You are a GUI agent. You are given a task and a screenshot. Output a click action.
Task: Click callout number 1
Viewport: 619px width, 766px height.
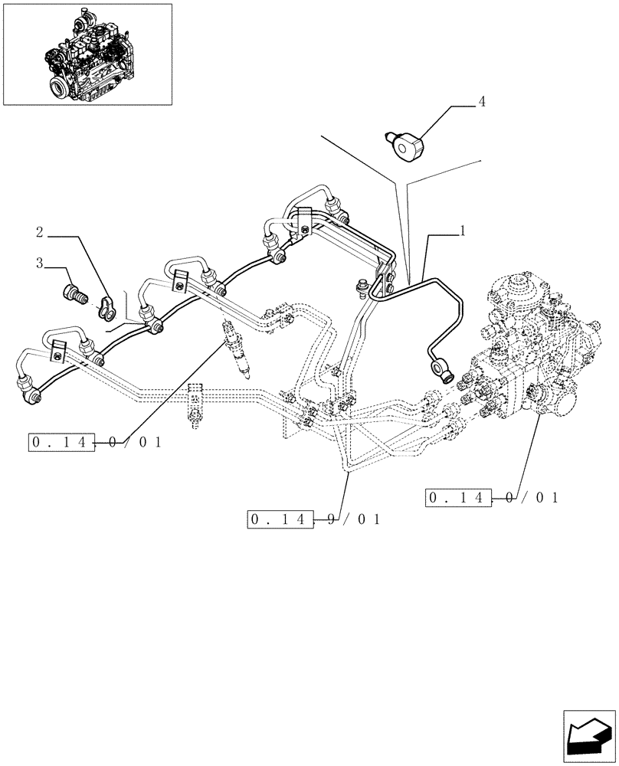463,230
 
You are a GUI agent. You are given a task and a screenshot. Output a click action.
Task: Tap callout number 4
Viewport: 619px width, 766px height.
481,100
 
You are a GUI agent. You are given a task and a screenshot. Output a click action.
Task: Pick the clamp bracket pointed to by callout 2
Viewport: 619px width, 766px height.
106,306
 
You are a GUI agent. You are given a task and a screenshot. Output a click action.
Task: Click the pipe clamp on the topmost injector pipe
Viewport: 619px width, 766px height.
306,222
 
